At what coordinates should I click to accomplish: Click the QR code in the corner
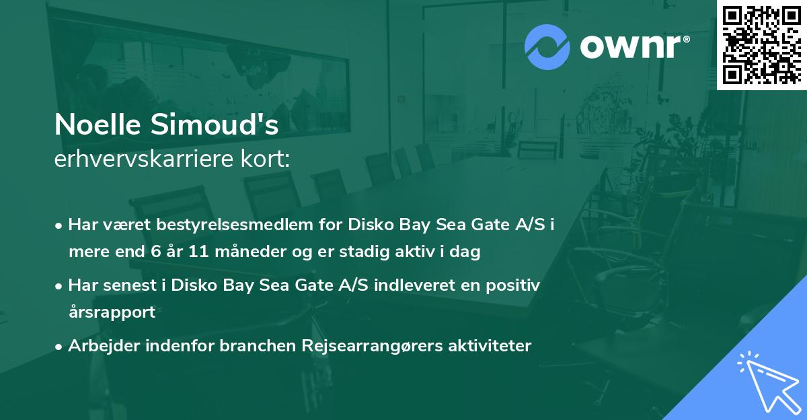coord(761,44)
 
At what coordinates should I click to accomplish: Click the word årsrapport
coord(112,312)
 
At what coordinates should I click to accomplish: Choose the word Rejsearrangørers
coord(377,346)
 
